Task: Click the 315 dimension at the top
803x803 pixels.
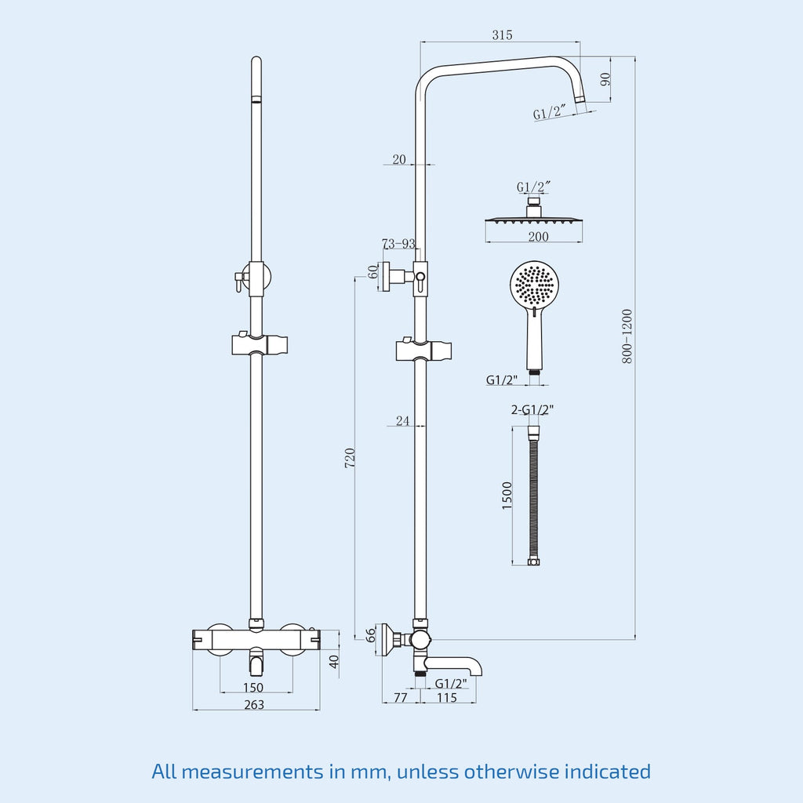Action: pyautogui.click(x=502, y=35)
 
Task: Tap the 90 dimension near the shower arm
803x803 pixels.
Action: pyautogui.click(x=605, y=79)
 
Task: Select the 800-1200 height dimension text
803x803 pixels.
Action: pyautogui.click(x=627, y=336)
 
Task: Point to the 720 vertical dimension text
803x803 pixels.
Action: pyautogui.click(x=350, y=458)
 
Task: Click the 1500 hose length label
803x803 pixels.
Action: pyautogui.click(x=507, y=496)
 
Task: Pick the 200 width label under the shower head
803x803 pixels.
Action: pyautogui.click(x=538, y=237)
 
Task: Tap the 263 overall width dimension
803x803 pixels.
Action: pyautogui.click(x=254, y=705)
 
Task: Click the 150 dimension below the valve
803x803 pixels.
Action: pyautogui.click(x=253, y=687)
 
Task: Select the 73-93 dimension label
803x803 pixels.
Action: pyautogui.click(x=398, y=243)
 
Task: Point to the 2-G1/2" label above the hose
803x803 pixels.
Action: pyautogui.click(x=532, y=409)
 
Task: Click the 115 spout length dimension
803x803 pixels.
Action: pyautogui.click(x=446, y=697)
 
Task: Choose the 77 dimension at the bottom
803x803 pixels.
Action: pyautogui.click(x=401, y=697)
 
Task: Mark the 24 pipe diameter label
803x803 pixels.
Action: pyautogui.click(x=402, y=420)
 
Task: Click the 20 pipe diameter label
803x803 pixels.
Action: pyautogui.click(x=399, y=159)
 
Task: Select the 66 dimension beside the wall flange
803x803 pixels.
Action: pyautogui.click(x=370, y=635)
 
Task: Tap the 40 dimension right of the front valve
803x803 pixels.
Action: pyautogui.click(x=334, y=662)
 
